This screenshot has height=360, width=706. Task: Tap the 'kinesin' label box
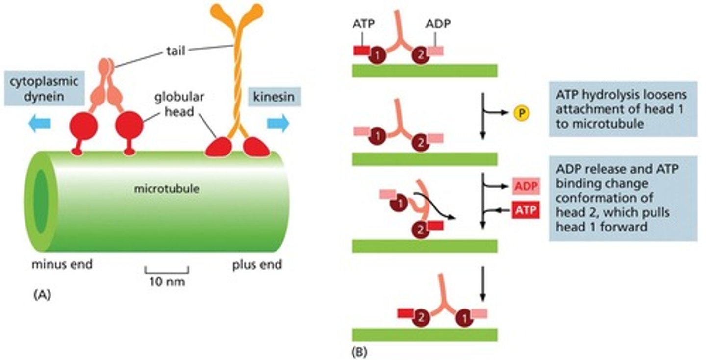tap(274, 97)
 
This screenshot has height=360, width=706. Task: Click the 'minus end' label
tap(62, 265)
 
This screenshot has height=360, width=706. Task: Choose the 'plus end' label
tap(257, 265)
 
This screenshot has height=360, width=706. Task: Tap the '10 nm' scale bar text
tap(167, 283)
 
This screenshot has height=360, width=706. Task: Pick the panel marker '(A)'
tap(42, 295)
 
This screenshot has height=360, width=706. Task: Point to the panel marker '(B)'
tap(360, 351)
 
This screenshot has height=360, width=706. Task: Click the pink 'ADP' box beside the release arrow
tap(526, 186)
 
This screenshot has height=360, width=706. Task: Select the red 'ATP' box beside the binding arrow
tap(526, 211)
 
